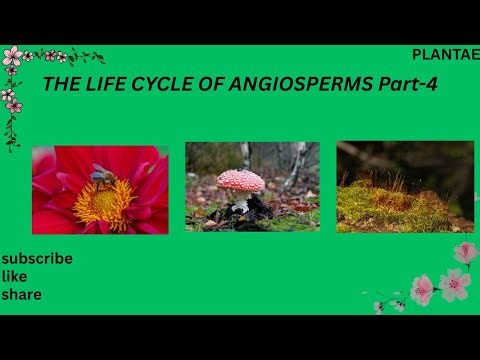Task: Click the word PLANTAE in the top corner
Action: pyautogui.click(x=444, y=56)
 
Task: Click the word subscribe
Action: pyautogui.click(x=37, y=258)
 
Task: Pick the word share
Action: pyautogui.click(x=20, y=294)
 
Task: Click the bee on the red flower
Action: pyautogui.click(x=103, y=176)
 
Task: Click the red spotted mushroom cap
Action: pyautogui.click(x=241, y=180)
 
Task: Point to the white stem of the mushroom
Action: pyautogui.click(x=241, y=204)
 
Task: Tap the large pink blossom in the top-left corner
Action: pyautogui.click(x=13, y=56)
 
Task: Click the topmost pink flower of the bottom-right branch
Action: pyautogui.click(x=465, y=253)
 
